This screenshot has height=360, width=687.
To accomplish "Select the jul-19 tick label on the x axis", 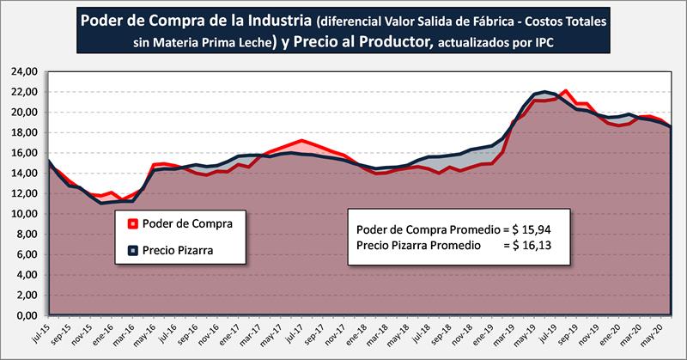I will click(x=550, y=333).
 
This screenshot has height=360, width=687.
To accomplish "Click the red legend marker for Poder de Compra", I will click(x=132, y=226).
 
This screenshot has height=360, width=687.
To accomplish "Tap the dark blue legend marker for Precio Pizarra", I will click(x=132, y=252).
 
